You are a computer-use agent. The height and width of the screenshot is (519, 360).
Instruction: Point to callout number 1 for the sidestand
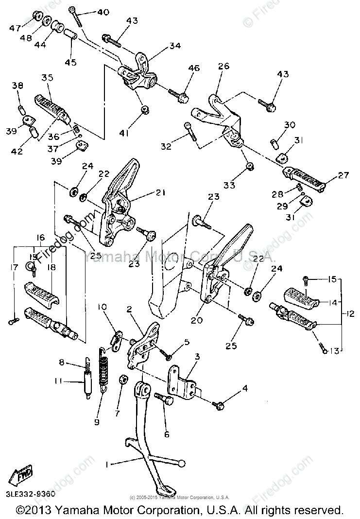click(107, 465)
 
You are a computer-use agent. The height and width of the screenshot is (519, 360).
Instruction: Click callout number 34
click(174, 46)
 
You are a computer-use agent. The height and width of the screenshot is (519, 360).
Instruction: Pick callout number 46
click(194, 68)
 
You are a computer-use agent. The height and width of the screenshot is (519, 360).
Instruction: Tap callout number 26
click(223, 66)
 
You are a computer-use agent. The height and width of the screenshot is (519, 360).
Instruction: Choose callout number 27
click(343, 175)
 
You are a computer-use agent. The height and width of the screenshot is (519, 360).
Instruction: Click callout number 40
click(103, 12)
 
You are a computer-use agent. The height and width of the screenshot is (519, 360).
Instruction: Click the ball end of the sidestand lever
click(182, 464)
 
